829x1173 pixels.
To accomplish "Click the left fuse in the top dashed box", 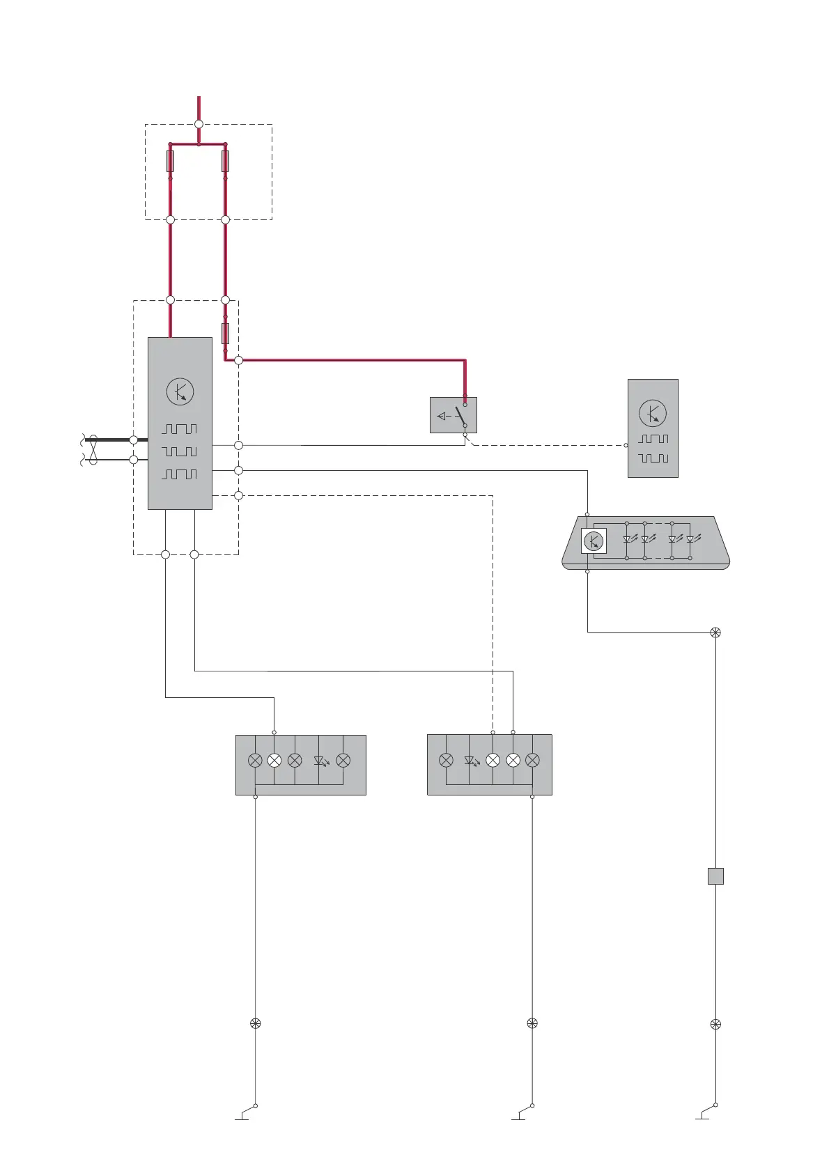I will [x=170, y=162].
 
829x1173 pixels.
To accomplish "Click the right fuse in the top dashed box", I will [x=225, y=162].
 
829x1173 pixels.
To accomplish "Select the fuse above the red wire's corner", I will [x=225, y=333].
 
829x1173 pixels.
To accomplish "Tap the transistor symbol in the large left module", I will [x=180, y=391].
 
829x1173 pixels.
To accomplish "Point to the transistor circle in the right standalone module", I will [x=653, y=414].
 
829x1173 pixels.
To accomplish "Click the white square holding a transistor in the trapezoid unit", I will [x=594, y=541].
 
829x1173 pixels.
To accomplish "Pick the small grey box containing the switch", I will [x=454, y=415].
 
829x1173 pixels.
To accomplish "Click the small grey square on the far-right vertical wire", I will [x=715, y=876].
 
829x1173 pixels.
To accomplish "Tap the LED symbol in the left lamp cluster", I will [x=321, y=761].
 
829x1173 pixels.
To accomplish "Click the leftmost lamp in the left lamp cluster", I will [x=255, y=761].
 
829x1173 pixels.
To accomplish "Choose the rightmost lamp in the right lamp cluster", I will [x=533, y=761].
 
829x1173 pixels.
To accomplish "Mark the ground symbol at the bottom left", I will [x=243, y=1114].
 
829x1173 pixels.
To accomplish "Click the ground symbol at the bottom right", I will [x=703, y=1114].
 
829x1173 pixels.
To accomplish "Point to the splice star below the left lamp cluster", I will [x=255, y=1023].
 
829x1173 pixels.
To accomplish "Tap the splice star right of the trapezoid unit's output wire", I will [x=715, y=632].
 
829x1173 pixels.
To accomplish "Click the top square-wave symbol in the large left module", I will [x=180, y=429].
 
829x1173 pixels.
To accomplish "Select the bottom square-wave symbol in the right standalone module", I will [x=653, y=458].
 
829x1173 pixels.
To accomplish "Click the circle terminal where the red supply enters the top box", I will [x=199, y=124].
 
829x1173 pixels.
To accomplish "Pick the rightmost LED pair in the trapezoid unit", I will [x=681, y=539].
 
